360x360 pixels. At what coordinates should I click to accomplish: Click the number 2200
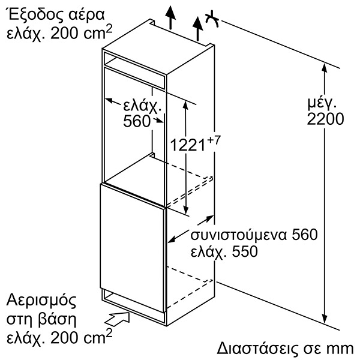[325, 119]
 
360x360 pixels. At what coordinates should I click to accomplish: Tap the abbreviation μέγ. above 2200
[322, 104]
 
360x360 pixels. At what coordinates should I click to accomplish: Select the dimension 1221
[188, 145]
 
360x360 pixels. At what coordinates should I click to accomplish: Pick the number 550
[245, 251]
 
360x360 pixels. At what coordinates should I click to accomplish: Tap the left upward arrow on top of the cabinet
[170, 17]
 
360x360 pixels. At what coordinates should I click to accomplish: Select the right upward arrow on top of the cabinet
[197, 28]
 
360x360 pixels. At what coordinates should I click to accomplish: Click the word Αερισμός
[41, 301]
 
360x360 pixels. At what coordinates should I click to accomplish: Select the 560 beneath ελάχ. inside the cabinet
[136, 121]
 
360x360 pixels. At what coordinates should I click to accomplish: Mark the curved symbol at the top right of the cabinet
[212, 19]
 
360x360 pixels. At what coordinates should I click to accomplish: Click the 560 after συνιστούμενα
[304, 234]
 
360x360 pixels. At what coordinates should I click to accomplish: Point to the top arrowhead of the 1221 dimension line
[185, 106]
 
